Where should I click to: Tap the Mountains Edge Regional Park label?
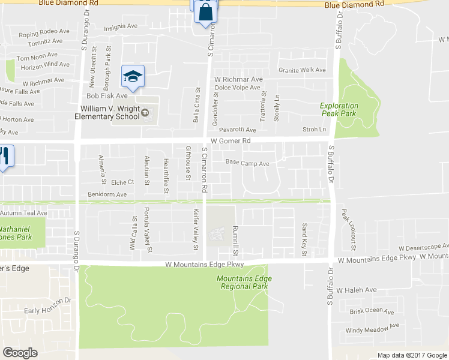coord(244,283)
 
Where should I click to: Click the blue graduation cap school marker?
coord(133,76)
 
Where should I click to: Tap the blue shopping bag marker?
coord(205,11)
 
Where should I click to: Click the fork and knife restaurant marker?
coord(4,157)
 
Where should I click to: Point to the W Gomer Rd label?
coord(231,140)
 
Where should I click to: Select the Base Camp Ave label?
coord(247,163)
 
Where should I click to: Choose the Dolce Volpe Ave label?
coord(238,88)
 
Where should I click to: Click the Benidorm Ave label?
coord(107,194)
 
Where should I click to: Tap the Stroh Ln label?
coord(315,129)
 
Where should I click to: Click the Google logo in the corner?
coord(20,353)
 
